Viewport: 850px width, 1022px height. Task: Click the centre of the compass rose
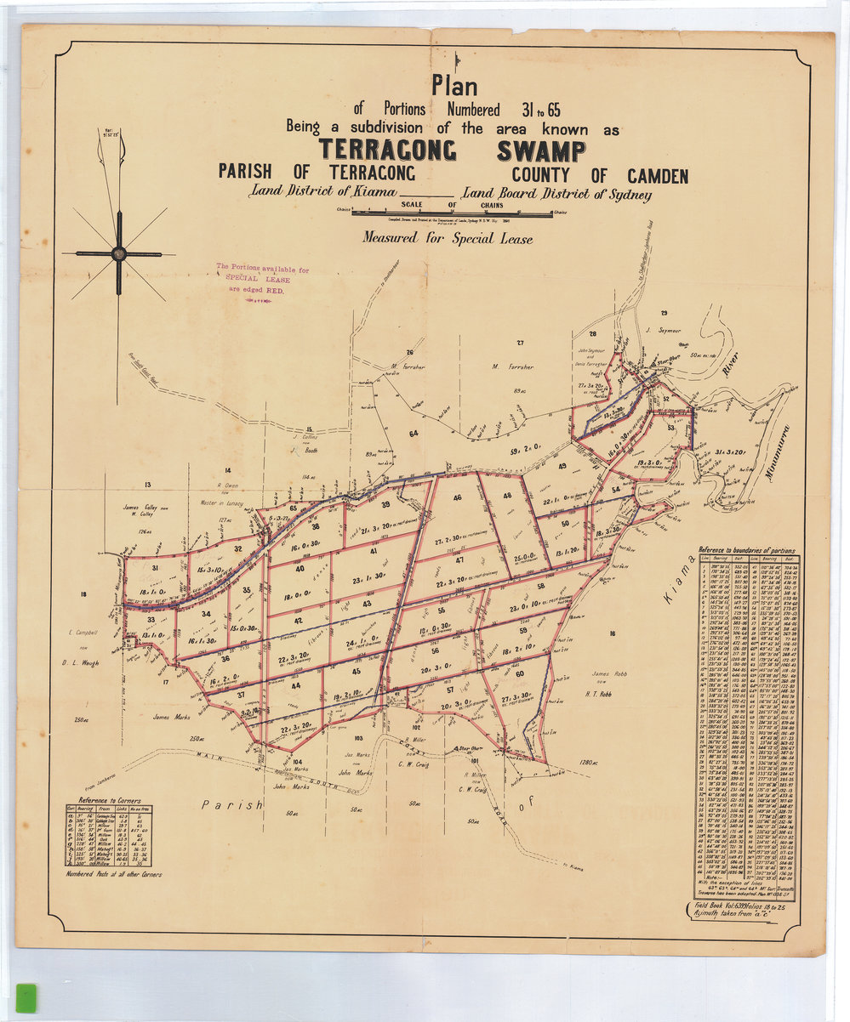coord(118,253)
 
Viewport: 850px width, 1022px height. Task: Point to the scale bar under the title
coord(453,213)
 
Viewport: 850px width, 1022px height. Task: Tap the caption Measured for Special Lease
coord(448,239)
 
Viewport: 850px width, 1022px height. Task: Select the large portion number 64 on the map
coord(414,434)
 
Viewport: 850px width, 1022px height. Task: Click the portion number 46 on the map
coord(457,497)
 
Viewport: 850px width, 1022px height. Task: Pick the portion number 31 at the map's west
coord(155,568)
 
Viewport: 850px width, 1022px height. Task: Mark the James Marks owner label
coord(169,717)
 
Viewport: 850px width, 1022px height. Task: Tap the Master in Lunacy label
coord(220,503)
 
